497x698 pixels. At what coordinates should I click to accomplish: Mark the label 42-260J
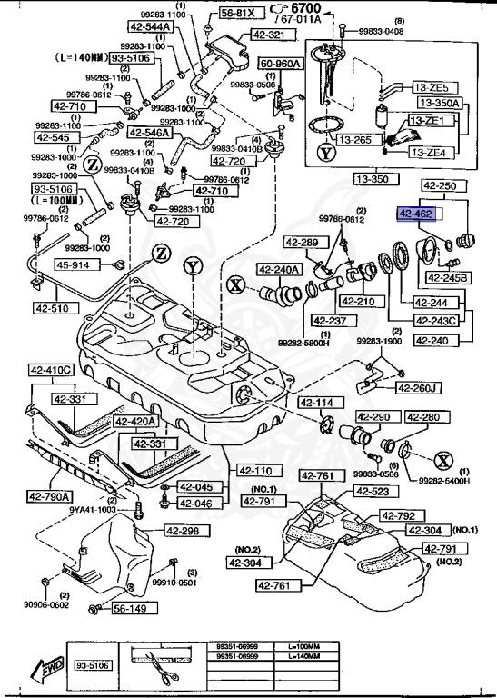click(x=420, y=388)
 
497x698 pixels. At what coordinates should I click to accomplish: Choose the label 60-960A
click(x=282, y=64)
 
